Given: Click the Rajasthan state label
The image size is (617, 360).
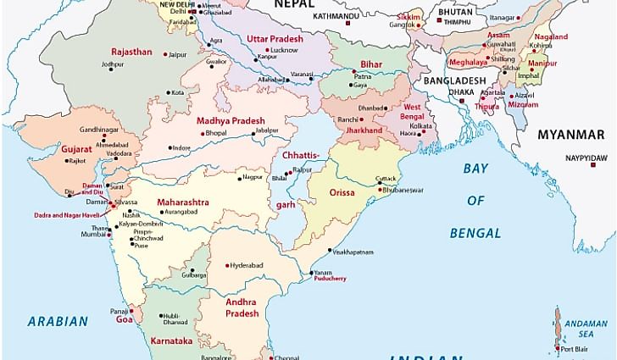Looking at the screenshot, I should click(131, 52).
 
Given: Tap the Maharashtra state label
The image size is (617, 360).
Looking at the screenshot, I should click(182, 202).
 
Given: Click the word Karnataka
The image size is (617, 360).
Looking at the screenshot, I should click(172, 340).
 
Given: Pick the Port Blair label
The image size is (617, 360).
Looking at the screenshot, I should click(574, 348).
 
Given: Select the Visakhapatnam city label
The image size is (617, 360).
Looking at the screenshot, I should click(351, 252).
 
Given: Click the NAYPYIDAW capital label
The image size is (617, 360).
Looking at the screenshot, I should click(587, 158).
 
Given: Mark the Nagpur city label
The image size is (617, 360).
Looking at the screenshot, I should click(252, 177).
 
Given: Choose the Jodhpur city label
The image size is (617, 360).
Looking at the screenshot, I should click(112, 64).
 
